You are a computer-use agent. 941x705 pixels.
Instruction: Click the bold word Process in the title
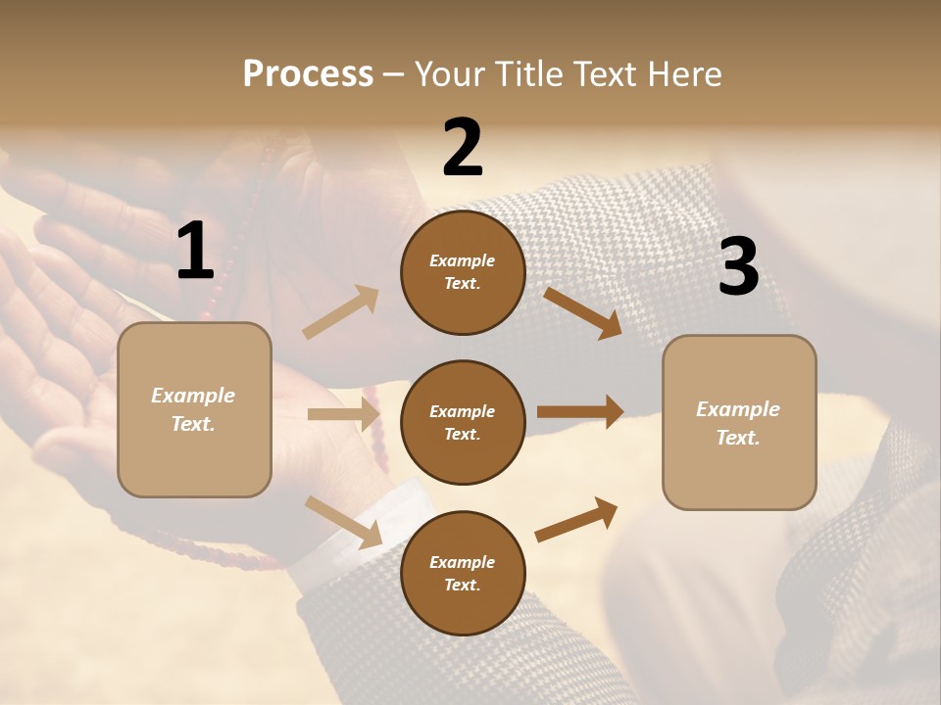(308, 73)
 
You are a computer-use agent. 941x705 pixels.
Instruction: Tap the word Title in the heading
(529, 73)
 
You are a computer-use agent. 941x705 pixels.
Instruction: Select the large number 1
(195, 252)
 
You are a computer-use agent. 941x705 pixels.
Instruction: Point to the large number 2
(463, 148)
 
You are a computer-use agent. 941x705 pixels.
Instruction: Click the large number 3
(738, 267)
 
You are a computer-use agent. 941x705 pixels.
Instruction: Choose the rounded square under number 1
(194, 409)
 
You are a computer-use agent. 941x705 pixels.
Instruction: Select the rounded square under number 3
(739, 423)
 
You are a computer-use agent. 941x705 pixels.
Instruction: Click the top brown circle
(463, 272)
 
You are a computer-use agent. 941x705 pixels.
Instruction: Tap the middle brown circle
(463, 422)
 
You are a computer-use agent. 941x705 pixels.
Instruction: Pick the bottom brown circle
(463, 573)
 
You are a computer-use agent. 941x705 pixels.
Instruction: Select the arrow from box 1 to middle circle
(343, 414)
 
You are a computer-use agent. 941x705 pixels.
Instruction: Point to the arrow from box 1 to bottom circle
(344, 522)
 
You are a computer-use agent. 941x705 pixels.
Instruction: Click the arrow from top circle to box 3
(582, 312)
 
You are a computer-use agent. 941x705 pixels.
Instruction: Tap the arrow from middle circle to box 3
(580, 412)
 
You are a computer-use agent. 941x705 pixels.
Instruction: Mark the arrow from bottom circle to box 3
(576, 519)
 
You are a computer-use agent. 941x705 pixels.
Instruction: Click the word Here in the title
(684, 73)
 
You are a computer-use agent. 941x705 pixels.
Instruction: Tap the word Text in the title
(605, 73)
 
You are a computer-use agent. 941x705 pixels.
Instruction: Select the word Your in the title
(450, 73)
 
